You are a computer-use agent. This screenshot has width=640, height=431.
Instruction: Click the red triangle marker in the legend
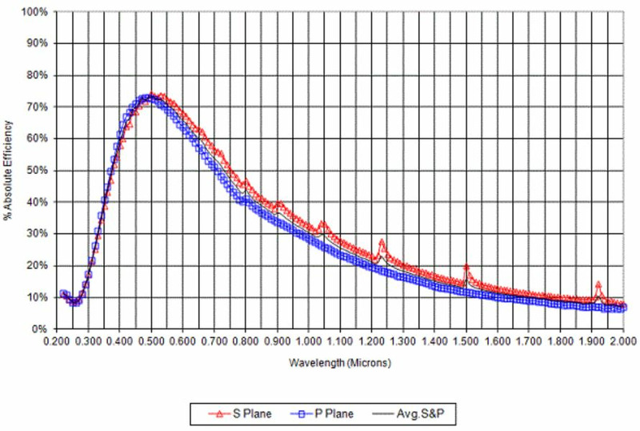click(x=210, y=414)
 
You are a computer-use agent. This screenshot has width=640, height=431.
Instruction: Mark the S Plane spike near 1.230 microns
click(x=382, y=241)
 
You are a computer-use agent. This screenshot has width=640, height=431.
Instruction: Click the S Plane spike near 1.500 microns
click(x=466, y=268)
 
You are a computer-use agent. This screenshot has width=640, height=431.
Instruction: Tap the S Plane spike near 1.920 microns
click(x=598, y=284)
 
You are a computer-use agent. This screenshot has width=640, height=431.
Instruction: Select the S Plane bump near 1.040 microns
click(x=322, y=224)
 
